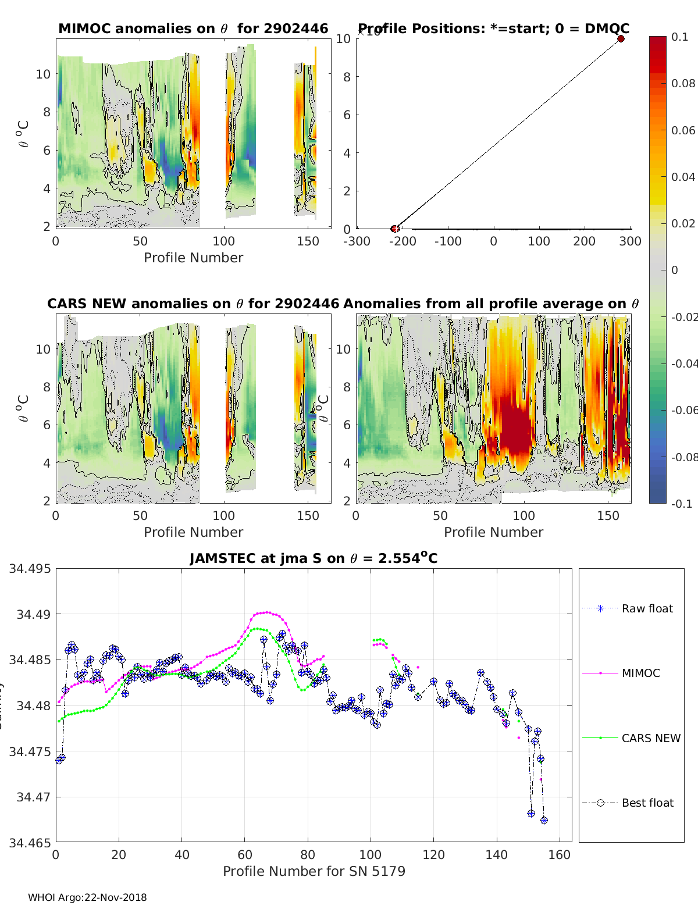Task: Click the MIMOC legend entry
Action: click(x=640, y=673)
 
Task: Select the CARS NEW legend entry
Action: click(x=650, y=738)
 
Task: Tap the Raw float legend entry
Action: click(x=647, y=608)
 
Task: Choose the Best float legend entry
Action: click(x=647, y=803)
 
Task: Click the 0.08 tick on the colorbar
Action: click(x=683, y=83)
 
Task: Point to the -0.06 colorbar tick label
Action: click(x=684, y=410)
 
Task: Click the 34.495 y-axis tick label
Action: click(x=29, y=568)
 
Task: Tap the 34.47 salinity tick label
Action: click(x=33, y=797)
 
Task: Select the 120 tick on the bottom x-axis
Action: click(x=433, y=854)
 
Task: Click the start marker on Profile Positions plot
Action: click(x=395, y=229)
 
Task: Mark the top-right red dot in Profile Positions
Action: click(x=621, y=39)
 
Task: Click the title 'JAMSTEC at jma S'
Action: click(x=314, y=558)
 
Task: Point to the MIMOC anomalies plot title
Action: click(x=193, y=28)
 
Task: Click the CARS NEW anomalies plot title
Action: click(x=193, y=304)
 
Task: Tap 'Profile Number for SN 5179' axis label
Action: click(x=314, y=871)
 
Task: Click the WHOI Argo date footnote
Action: click(x=87, y=897)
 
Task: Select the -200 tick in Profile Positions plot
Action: click(x=402, y=241)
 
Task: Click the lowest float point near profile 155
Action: click(x=544, y=820)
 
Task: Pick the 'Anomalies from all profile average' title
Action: click(x=491, y=304)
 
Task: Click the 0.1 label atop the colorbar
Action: click(x=679, y=37)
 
